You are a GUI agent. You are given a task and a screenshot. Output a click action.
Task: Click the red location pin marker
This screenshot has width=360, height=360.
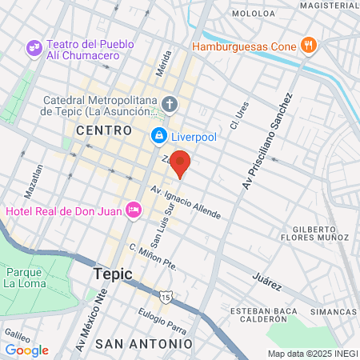click(181, 162)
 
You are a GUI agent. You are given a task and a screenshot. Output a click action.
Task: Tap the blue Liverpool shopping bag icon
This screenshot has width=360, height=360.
click(159, 137)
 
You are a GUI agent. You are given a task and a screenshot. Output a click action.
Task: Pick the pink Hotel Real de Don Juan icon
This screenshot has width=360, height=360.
click(134, 210)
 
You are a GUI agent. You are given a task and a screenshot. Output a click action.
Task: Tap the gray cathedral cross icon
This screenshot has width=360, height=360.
click(169, 104)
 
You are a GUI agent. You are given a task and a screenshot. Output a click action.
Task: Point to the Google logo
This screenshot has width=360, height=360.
click(26, 350)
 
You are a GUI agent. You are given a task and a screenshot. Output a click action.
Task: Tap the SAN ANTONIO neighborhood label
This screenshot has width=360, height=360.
click(144, 343)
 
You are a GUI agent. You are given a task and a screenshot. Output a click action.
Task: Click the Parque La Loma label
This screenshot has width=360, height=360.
click(27, 276)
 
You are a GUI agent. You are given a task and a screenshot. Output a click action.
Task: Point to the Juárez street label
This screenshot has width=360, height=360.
click(267, 280)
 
